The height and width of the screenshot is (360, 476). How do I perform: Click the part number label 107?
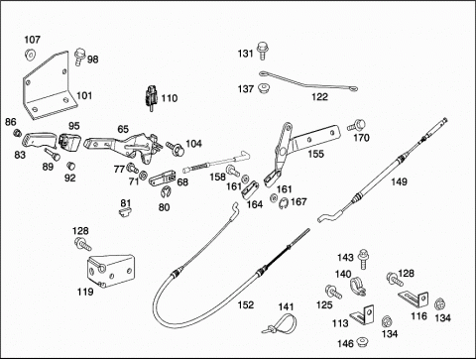point(32,40)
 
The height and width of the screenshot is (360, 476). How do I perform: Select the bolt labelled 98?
point(79,57)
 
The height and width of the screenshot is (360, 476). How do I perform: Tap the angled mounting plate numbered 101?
point(49,87)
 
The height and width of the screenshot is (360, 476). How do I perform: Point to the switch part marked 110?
point(152,97)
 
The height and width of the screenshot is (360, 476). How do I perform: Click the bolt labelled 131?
point(262,51)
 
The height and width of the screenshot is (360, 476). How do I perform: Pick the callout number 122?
point(319,97)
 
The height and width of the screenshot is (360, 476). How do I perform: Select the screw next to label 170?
point(356,126)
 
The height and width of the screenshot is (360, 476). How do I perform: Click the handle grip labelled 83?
point(38,139)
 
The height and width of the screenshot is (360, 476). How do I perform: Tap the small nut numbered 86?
point(17,133)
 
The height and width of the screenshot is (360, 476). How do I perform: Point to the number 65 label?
point(123,129)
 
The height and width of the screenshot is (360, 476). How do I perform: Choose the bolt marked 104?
point(176,149)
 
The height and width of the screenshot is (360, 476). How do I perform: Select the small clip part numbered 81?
point(125,211)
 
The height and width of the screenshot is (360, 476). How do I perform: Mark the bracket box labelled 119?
point(110,271)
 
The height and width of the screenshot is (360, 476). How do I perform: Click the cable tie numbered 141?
point(282,323)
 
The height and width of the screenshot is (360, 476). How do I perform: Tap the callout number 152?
point(246,304)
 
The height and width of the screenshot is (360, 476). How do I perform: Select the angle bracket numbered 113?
point(363,314)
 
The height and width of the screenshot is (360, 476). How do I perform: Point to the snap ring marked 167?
point(284,203)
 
